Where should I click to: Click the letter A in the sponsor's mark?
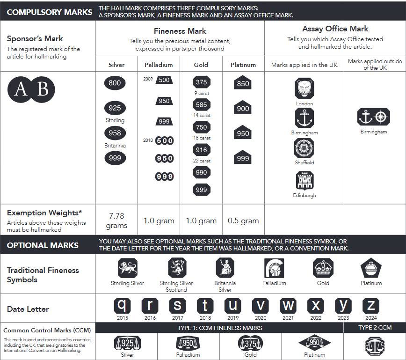click(x=21, y=89)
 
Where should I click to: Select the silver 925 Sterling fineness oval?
click(x=115, y=108)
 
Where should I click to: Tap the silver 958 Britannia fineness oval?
click(x=115, y=133)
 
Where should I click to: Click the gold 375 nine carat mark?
click(x=201, y=82)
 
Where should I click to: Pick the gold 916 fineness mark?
click(x=201, y=149)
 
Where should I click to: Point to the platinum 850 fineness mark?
click(x=243, y=83)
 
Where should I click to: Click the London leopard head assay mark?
click(x=304, y=89)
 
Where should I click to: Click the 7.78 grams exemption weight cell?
click(x=116, y=220)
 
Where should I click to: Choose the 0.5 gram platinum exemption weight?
click(x=243, y=220)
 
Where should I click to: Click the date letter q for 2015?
click(x=122, y=306)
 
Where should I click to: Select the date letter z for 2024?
click(x=371, y=306)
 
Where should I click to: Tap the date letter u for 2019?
click(x=232, y=306)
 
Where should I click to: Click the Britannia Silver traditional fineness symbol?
click(x=225, y=268)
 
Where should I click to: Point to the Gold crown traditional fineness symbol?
click(x=323, y=268)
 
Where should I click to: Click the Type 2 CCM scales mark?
click(x=375, y=345)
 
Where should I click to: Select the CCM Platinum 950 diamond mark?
click(x=314, y=343)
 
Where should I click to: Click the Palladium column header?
click(x=159, y=65)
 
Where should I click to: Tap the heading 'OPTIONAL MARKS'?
click(x=43, y=245)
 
